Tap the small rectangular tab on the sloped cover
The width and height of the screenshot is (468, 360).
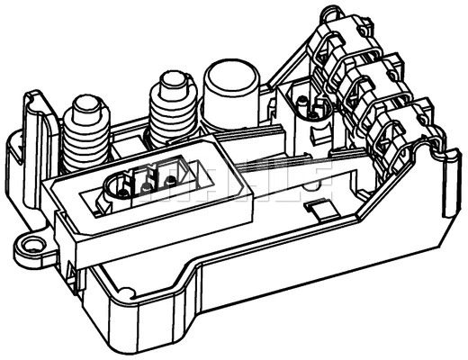click(x=319, y=209)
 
